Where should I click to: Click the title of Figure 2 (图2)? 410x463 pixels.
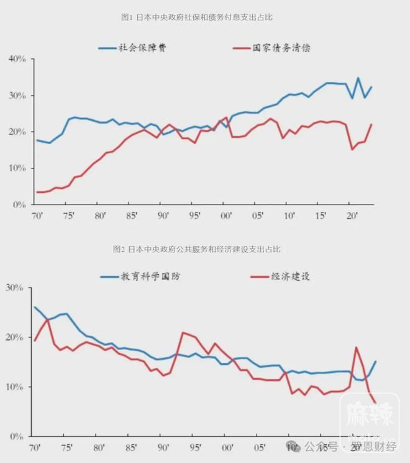pyautogui.click(x=197, y=249)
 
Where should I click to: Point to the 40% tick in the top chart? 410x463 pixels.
pyautogui.click(x=16, y=59)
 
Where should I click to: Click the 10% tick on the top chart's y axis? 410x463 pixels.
pyautogui.click(x=16, y=168)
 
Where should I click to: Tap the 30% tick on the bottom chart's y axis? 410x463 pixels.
pyautogui.click(x=14, y=288)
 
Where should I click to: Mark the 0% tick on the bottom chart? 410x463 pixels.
pyautogui.click(x=16, y=437)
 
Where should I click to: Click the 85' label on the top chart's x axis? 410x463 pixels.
pyautogui.click(x=131, y=216)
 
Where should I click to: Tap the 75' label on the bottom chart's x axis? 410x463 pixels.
pyautogui.click(x=66, y=447)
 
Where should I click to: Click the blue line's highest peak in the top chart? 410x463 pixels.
pyautogui.click(x=358, y=78)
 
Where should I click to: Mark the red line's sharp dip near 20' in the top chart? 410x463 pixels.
pyautogui.click(x=352, y=149)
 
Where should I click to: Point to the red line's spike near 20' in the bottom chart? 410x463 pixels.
pyautogui.click(x=356, y=347)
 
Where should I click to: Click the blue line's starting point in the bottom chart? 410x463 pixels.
pyautogui.click(x=35, y=307)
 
